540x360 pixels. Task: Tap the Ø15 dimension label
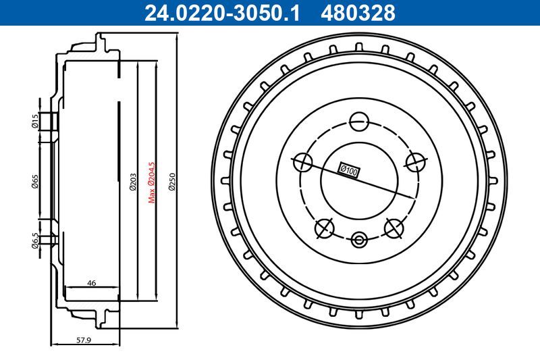[34, 121]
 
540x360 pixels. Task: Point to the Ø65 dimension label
[34, 180]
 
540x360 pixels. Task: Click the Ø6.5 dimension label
[34, 240]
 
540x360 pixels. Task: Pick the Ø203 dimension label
[132, 181]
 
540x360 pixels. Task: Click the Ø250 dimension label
[172, 181]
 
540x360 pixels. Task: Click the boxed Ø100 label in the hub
[348, 171]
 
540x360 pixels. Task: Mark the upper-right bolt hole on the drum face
[415, 161]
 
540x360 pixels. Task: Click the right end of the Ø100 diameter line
[413, 197]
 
